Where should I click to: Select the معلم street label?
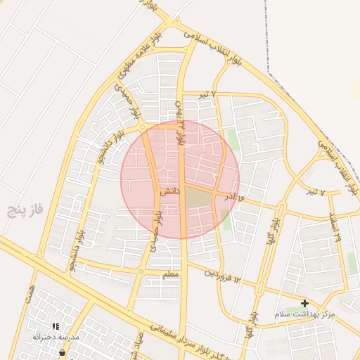click(170, 276)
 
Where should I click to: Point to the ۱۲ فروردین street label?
click(224, 276)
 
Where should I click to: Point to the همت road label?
click(29, 297)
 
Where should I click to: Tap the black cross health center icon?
click(304, 302)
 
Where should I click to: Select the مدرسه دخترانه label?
click(56, 337)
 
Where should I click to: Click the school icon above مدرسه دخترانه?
click(56, 326)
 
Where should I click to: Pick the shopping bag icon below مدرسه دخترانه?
click(63, 352)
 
